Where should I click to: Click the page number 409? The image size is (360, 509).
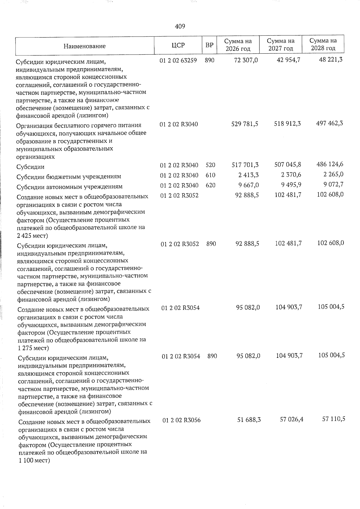tap(180, 27)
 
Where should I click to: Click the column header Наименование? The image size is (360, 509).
tap(85, 46)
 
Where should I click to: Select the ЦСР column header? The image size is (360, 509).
tap(178, 45)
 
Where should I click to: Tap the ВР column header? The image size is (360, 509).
tap(209, 45)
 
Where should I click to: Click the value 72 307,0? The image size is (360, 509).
tap(246, 60)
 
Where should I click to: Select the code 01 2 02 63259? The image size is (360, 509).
tap(178, 60)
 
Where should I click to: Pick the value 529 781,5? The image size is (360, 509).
tap(245, 124)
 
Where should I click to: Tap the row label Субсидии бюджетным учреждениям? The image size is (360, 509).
tap(69, 177)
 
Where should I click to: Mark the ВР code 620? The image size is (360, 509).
tap(211, 185)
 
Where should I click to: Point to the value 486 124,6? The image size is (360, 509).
tap(330, 164)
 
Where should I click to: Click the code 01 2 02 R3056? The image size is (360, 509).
tap(181, 421)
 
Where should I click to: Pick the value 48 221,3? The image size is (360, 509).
tap(331, 59)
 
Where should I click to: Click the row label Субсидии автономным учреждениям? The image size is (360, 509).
tap(70, 187)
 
